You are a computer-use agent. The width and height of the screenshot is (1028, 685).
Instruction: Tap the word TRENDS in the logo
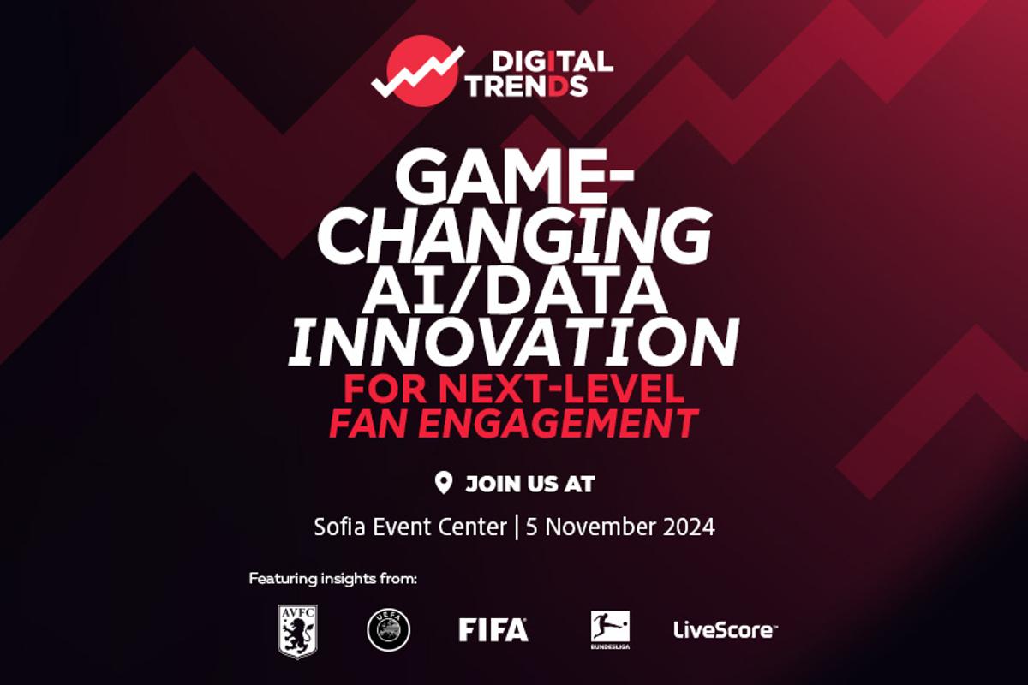pos(528,86)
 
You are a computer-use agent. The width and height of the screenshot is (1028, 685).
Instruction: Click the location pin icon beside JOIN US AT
pos(444,484)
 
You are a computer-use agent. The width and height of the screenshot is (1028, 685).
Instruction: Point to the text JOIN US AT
pos(530,484)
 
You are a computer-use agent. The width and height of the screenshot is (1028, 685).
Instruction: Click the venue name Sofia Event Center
pos(410,527)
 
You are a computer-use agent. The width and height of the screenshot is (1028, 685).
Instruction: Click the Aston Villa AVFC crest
pos(298,631)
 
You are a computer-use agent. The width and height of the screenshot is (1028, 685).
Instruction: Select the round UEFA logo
pos(389,629)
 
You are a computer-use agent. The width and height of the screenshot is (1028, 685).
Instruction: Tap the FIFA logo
pos(493,630)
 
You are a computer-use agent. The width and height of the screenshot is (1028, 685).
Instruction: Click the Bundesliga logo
pos(610,629)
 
